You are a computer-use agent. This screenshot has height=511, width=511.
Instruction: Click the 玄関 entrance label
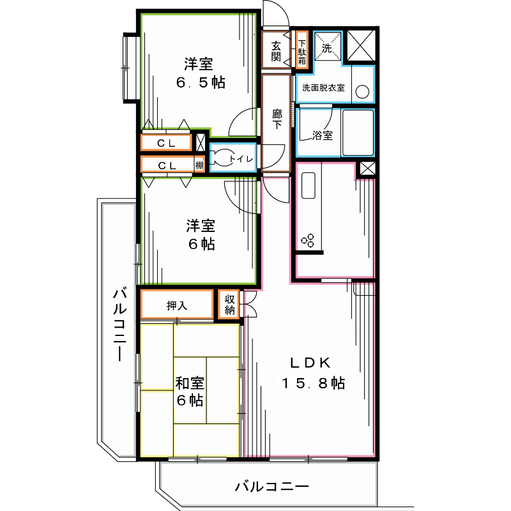coord(276,50)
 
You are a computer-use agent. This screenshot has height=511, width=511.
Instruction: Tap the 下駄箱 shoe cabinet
coord(301,50)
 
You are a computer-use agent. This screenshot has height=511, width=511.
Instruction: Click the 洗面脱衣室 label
coord(323,88)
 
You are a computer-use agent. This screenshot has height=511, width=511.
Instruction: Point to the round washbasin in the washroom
coord(362,91)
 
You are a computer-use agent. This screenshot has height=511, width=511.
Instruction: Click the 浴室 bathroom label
coord(322,135)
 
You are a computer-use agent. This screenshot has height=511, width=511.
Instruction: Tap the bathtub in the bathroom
coord(358,133)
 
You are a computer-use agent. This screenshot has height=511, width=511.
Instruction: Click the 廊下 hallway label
coord(277,119)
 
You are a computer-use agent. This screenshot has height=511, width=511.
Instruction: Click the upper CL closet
coord(167,143)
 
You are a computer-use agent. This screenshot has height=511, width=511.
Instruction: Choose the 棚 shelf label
coord(200,165)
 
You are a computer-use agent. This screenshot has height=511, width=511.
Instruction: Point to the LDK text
coord(310,363)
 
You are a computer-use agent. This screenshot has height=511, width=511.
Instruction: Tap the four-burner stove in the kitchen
coord(309,240)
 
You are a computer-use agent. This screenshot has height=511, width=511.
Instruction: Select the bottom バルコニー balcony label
coord(271,487)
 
